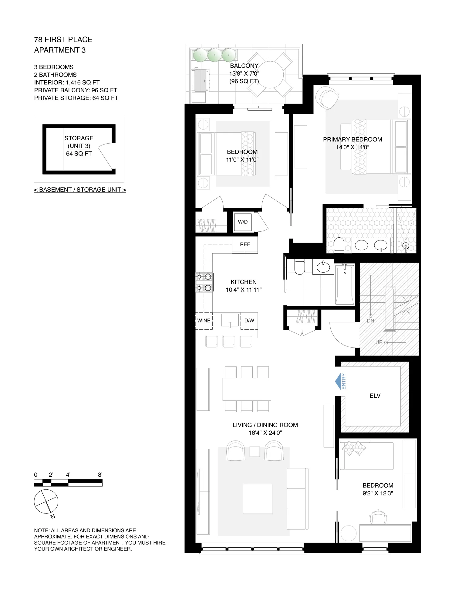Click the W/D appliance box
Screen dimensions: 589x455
coord(243,222)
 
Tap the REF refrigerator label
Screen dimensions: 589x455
coord(245,244)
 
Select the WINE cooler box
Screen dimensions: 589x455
coord(204,321)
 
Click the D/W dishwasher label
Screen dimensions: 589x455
coord(249,321)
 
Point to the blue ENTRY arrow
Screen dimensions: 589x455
coord(338,381)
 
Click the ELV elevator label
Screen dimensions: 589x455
coord(375,396)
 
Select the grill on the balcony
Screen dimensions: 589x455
coord(200,80)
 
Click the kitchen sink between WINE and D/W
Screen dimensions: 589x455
coord(230,320)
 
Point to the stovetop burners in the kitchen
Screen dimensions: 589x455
coord(204,282)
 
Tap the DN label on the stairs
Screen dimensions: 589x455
coord(370,321)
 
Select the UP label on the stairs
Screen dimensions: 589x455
coord(379,342)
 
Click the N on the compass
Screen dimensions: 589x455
coord(53,516)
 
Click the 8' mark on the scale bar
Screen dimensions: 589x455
coord(100,475)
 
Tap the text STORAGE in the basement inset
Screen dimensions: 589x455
coord(79,138)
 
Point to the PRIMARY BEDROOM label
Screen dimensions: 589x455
coord(352,139)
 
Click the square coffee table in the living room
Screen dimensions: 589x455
coord(258,499)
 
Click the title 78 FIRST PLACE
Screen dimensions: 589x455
coord(63,40)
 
